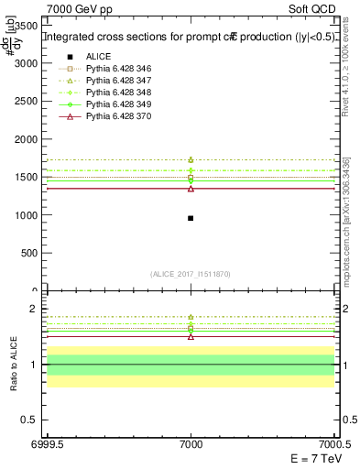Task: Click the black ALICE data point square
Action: [x=191, y=218]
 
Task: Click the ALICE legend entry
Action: [x=100, y=56]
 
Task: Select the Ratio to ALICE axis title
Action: [x=14, y=365]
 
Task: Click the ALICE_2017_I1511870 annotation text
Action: [x=191, y=274]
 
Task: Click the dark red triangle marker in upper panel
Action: [x=191, y=189]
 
